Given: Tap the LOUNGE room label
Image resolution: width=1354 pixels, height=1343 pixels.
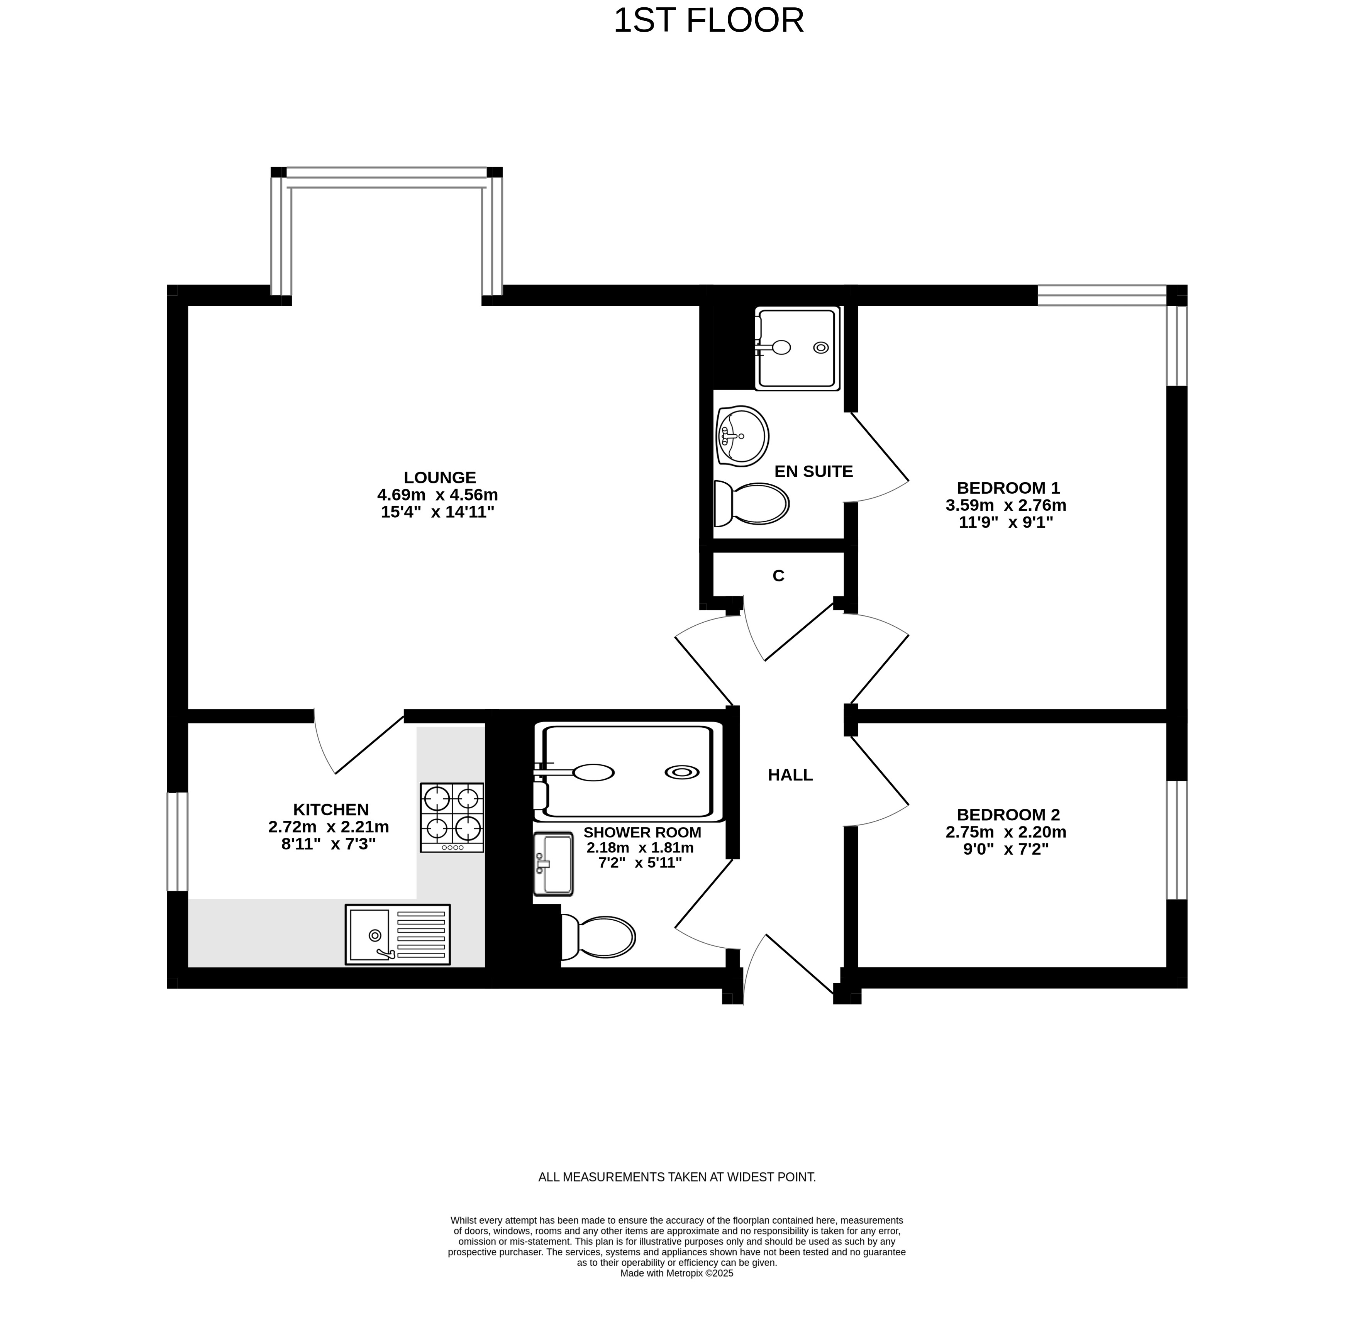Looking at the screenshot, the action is click(439, 478).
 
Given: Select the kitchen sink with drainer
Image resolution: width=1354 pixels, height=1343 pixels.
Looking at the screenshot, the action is click(397, 935).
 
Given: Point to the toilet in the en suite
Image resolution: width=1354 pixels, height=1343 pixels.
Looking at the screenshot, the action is click(751, 503).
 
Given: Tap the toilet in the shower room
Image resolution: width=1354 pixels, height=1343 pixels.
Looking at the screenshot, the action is click(598, 937).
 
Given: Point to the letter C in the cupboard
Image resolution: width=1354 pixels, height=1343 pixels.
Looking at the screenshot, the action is click(778, 576).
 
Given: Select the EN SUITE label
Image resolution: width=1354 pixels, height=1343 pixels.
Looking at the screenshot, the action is click(813, 471).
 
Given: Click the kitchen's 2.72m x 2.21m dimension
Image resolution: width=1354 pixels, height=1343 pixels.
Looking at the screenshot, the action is click(329, 826).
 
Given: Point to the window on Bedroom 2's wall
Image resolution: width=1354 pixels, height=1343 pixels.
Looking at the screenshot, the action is click(1177, 840).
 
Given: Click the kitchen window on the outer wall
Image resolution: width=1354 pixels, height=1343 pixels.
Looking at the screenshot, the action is click(177, 842).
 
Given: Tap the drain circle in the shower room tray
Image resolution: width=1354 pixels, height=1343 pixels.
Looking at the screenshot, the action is click(682, 772).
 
